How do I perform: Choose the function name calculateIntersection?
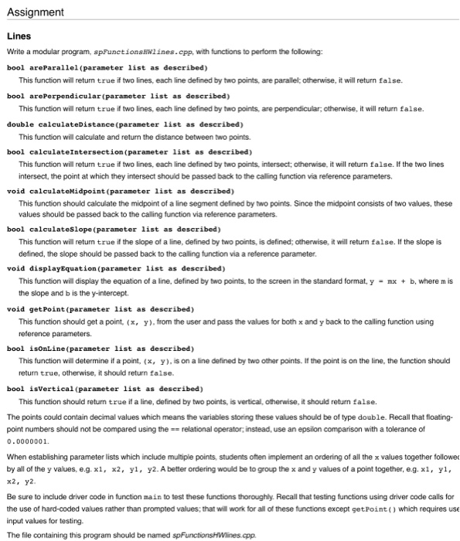click(x=72, y=151)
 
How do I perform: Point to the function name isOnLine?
click(x=43, y=348)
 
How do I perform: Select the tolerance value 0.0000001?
click(x=28, y=440)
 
